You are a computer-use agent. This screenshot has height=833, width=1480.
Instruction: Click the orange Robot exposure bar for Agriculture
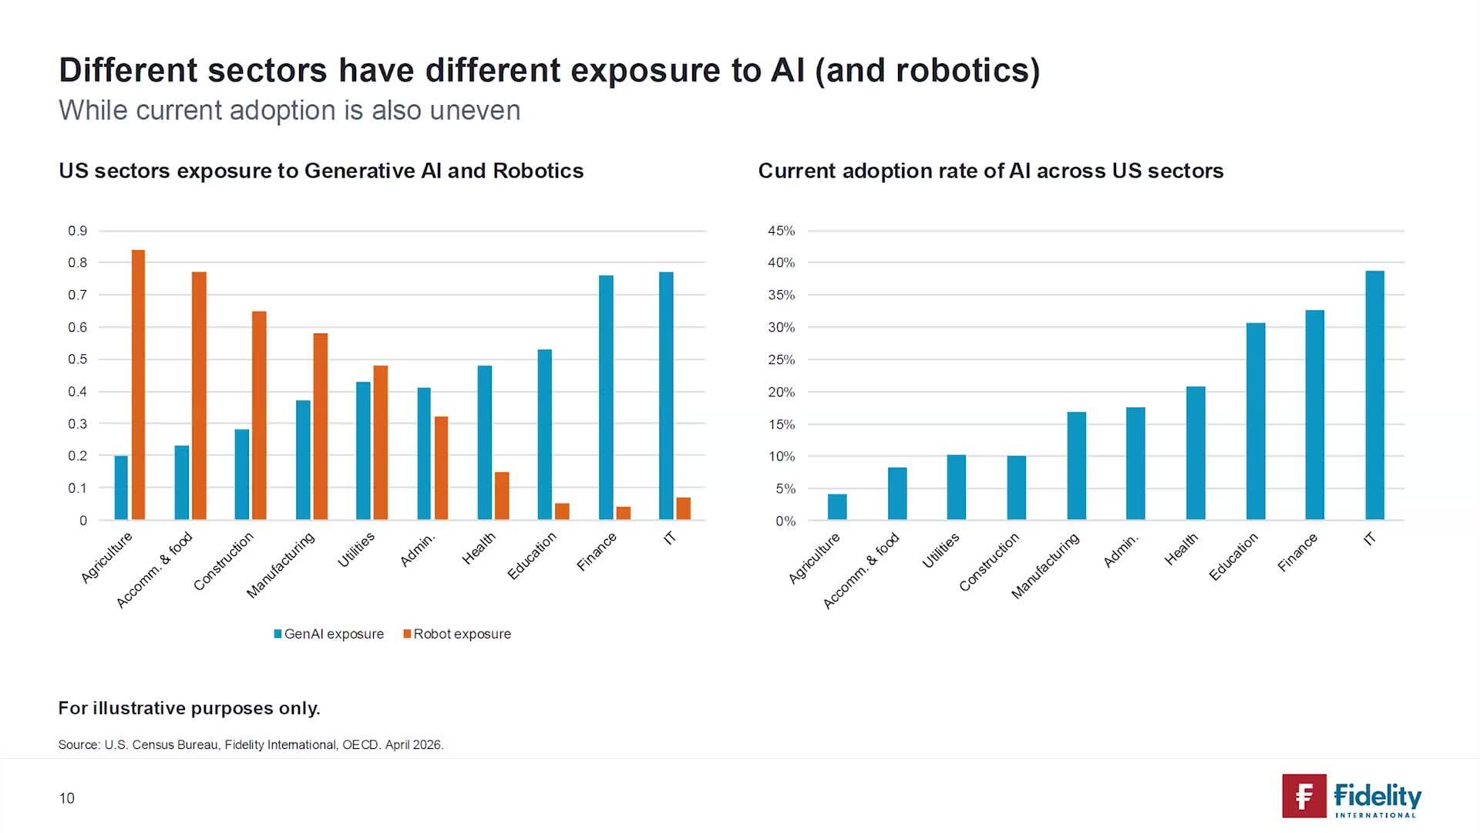tap(138, 385)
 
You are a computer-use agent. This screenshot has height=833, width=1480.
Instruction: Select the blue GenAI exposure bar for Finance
tap(606, 397)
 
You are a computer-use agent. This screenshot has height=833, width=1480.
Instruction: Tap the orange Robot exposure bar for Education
tap(562, 511)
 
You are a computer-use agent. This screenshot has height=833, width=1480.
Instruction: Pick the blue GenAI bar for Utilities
tap(363, 450)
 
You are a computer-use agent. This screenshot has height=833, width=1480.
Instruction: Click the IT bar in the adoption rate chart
tap(1374, 395)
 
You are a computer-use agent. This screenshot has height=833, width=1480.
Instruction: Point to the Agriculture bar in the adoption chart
tap(837, 507)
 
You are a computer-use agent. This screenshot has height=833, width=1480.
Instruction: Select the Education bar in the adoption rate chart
tap(1256, 421)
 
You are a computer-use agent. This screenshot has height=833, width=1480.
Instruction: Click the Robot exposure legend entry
tap(457, 634)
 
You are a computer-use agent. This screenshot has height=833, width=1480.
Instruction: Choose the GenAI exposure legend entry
tap(329, 634)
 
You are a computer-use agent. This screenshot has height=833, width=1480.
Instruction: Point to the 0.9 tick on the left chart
tap(78, 231)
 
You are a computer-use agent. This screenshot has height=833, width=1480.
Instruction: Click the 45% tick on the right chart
tap(781, 231)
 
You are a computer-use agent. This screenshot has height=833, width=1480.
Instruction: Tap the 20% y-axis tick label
tap(781, 392)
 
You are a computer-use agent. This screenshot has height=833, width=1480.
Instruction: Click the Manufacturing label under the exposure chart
tap(281, 565)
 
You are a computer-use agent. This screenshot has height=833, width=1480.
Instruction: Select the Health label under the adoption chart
tap(1181, 549)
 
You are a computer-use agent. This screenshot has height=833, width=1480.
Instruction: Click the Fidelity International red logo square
tap(1304, 796)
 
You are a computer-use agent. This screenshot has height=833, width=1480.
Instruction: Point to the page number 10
tap(67, 798)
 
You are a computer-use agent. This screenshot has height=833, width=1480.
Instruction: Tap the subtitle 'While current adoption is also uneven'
tap(290, 110)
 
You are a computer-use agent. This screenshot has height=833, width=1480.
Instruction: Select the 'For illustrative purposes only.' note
tap(190, 708)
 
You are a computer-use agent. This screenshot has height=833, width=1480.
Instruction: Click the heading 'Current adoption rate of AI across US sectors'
tap(991, 170)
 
